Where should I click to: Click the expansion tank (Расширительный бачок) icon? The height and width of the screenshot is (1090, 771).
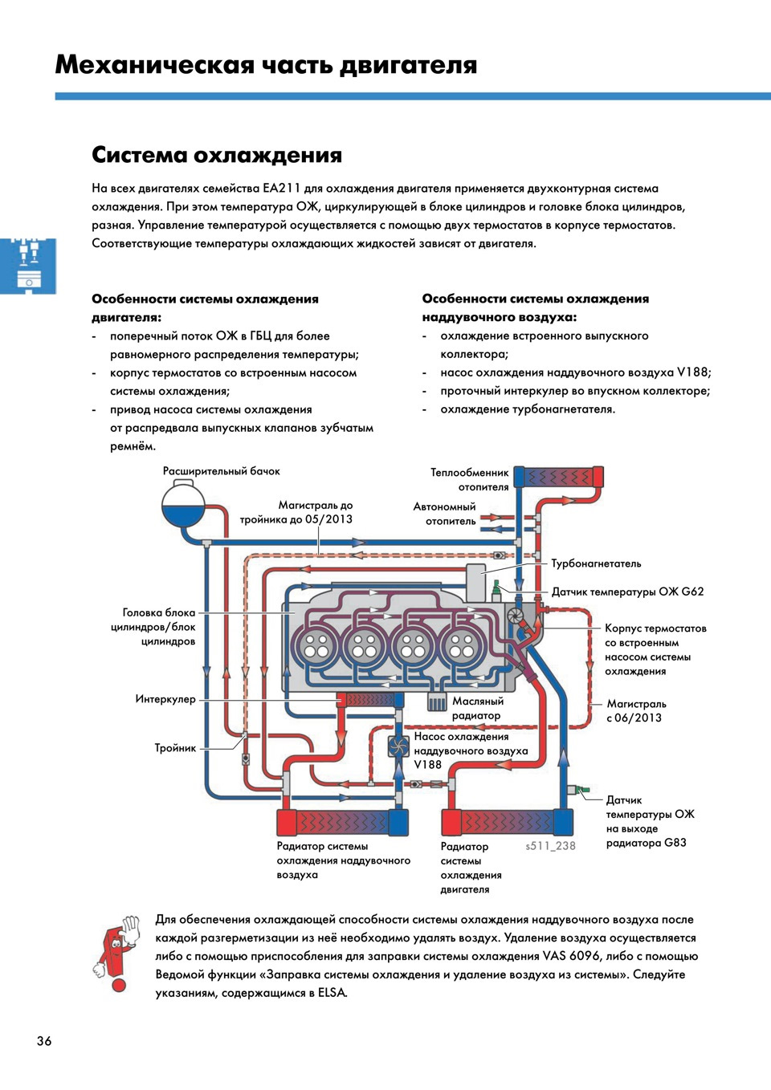click(184, 506)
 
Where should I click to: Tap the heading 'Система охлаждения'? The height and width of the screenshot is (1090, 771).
click(217, 155)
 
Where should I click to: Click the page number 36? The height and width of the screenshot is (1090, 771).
click(44, 1041)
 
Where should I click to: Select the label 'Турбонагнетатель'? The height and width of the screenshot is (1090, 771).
click(596, 563)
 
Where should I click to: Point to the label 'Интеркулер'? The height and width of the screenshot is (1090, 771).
click(165, 699)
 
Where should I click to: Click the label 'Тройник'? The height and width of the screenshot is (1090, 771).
click(175, 748)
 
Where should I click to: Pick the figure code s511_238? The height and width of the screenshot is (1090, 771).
click(551, 846)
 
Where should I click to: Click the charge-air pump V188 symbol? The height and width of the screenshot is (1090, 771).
click(399, 746)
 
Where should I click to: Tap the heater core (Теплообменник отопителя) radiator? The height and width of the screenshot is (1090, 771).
click(559, 477)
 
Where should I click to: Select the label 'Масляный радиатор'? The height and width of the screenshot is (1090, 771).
click(477, 708)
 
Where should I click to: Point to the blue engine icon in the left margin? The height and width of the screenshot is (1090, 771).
click(28, 266)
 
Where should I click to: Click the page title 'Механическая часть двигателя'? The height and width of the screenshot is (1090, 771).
click(266, 64)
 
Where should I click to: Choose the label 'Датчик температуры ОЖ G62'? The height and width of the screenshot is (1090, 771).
click(627, 592)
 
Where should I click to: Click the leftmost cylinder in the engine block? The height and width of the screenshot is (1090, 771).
click(316, 646)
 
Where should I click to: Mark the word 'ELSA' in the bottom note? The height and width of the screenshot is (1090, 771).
click(332, 993)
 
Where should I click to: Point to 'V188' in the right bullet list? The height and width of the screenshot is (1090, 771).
click(693, 372)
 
